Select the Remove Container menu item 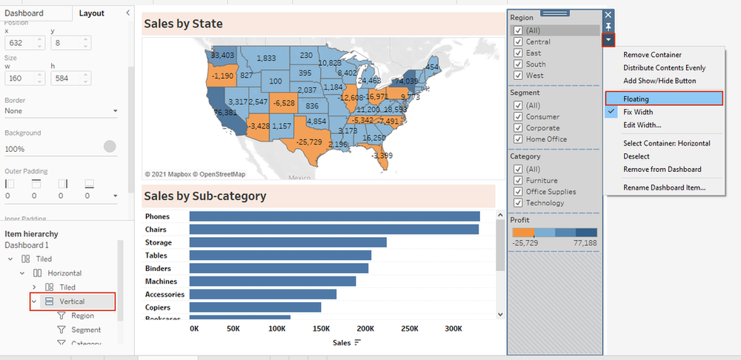point(652,55)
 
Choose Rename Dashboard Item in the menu point(664,187)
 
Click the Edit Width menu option point(642,124)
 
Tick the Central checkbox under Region point(518,42)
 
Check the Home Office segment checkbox point(518,139)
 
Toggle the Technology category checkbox point(518,203)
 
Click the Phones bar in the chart point(334,216)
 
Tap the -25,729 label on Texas point(308,141)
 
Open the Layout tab point(92,13)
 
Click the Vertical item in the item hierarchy point(72,301)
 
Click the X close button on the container point(608,15)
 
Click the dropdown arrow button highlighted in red point(608,39)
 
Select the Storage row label point(158,243)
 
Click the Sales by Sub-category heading point(205,196)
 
